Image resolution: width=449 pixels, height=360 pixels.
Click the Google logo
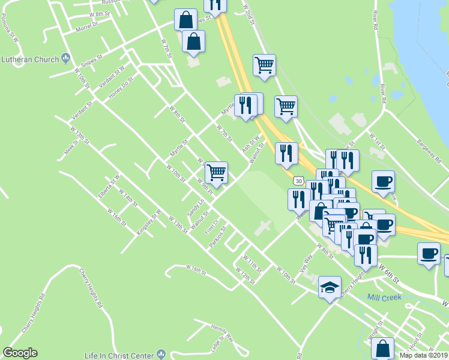(20, 353)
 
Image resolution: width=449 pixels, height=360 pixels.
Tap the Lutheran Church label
(29, 59)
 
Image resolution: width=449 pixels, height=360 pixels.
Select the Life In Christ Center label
(122, 355)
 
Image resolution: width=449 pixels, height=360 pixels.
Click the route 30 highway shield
(298, 180)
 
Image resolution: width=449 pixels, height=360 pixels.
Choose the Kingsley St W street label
(149, 222)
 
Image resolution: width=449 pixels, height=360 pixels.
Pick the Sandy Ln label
(196, 208)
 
